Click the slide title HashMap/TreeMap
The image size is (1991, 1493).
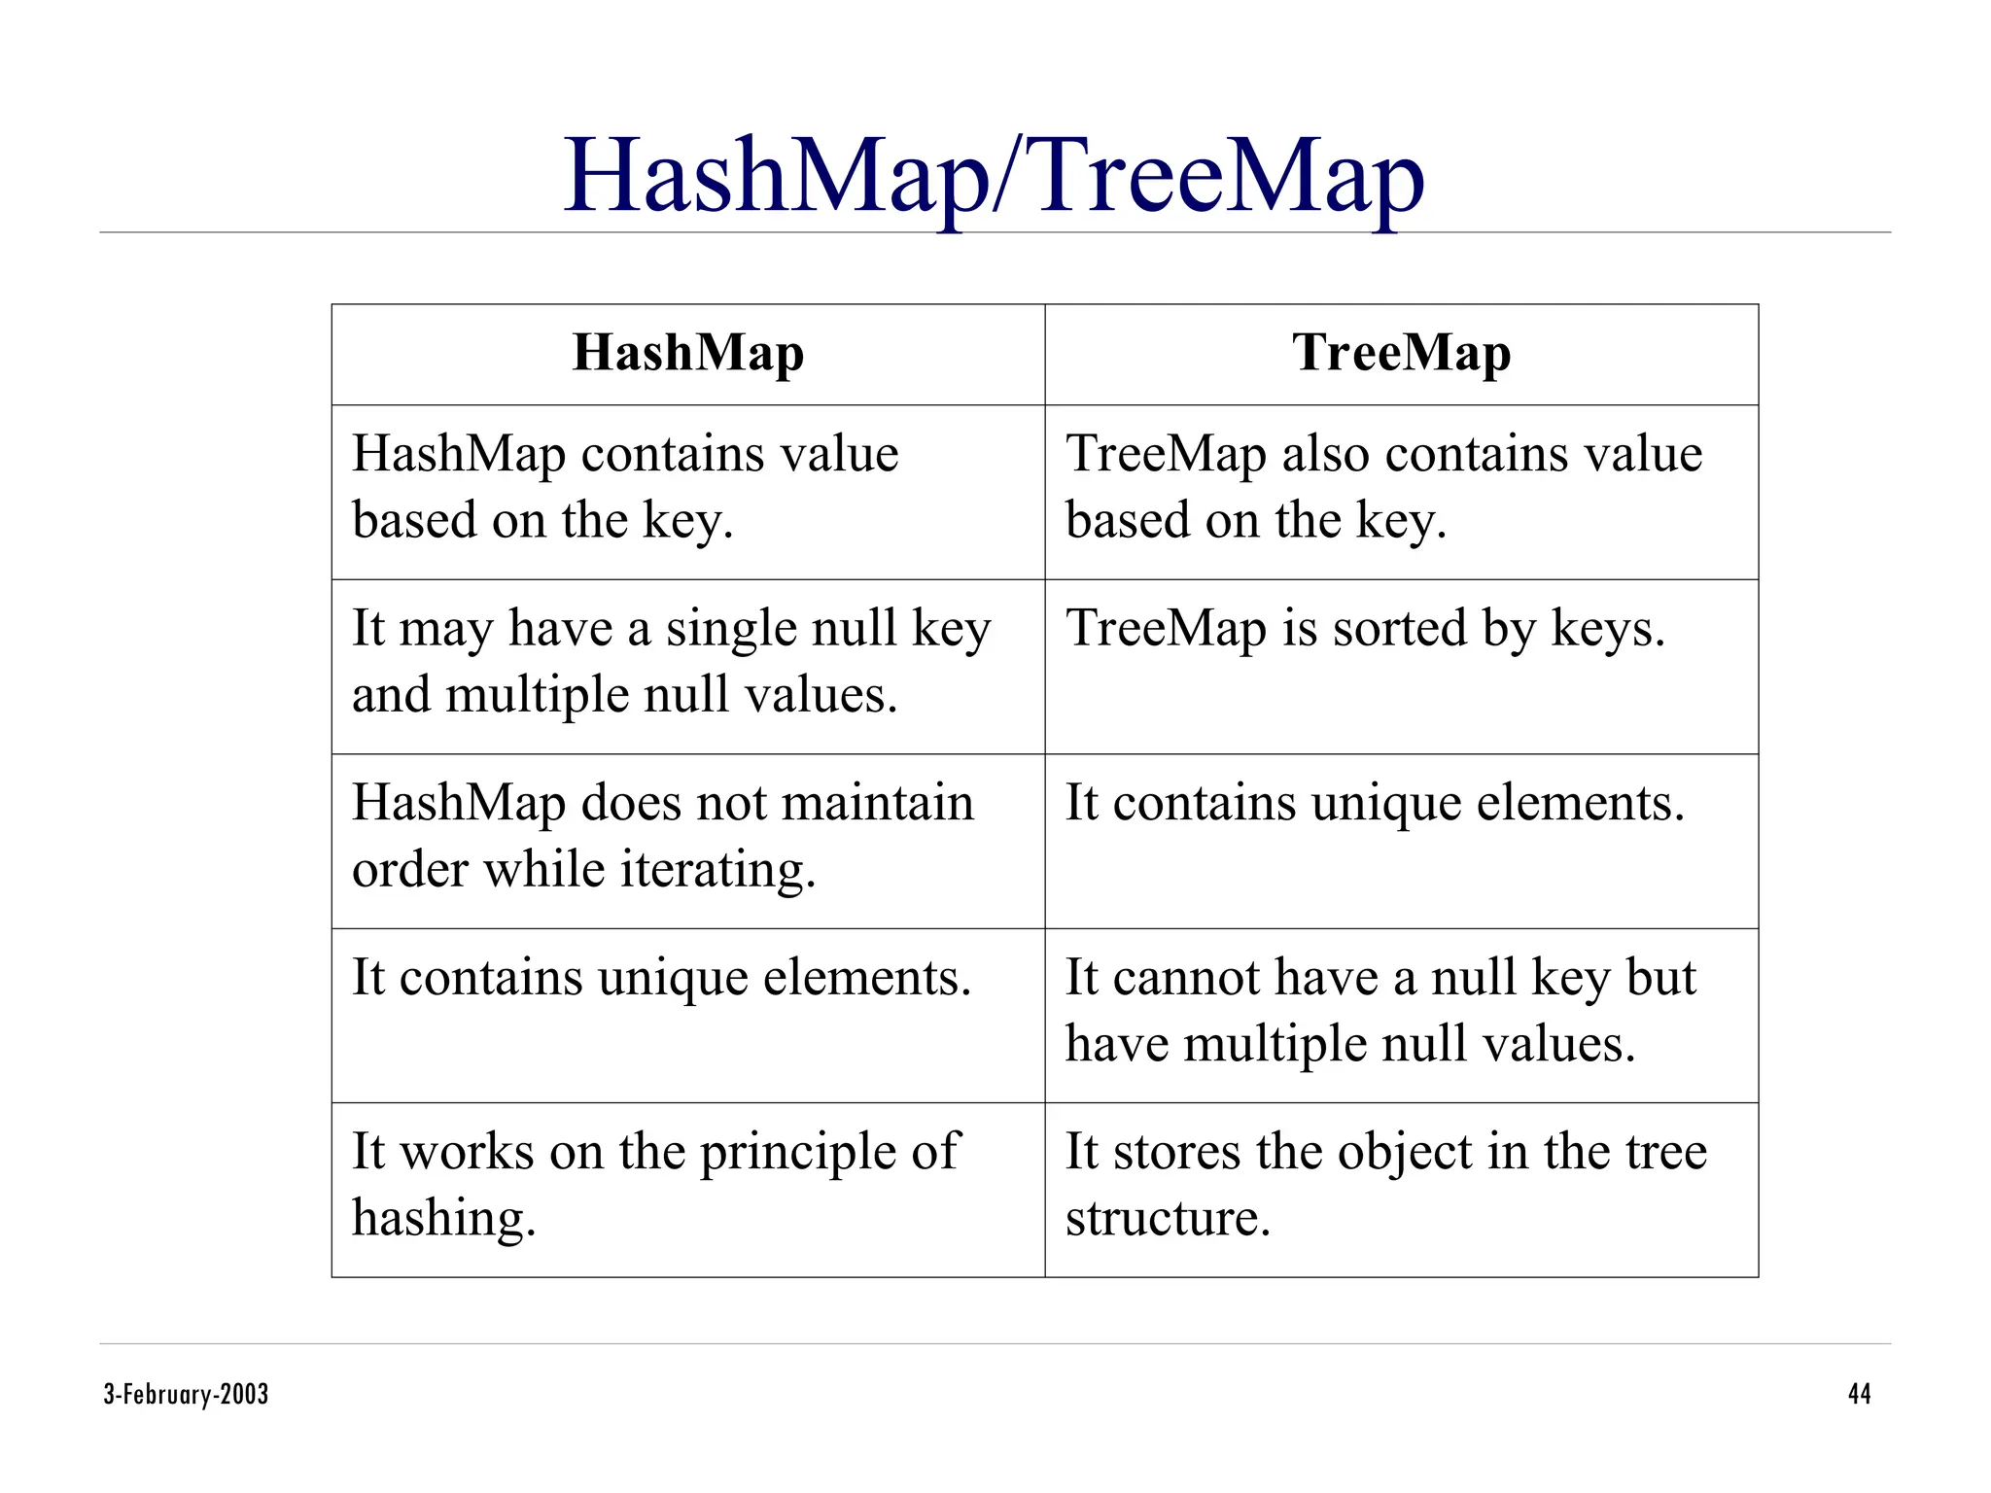994,177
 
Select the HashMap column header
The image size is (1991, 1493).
687,353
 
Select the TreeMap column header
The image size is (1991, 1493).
1401,353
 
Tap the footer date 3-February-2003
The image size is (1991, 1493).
186,1394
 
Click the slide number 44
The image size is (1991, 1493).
1859,1394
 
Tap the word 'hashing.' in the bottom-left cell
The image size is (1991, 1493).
443,1219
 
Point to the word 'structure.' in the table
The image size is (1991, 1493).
1168,1218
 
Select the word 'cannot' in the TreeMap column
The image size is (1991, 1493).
1181,978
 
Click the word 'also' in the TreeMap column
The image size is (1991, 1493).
1325,454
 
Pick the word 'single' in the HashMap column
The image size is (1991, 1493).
730,630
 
